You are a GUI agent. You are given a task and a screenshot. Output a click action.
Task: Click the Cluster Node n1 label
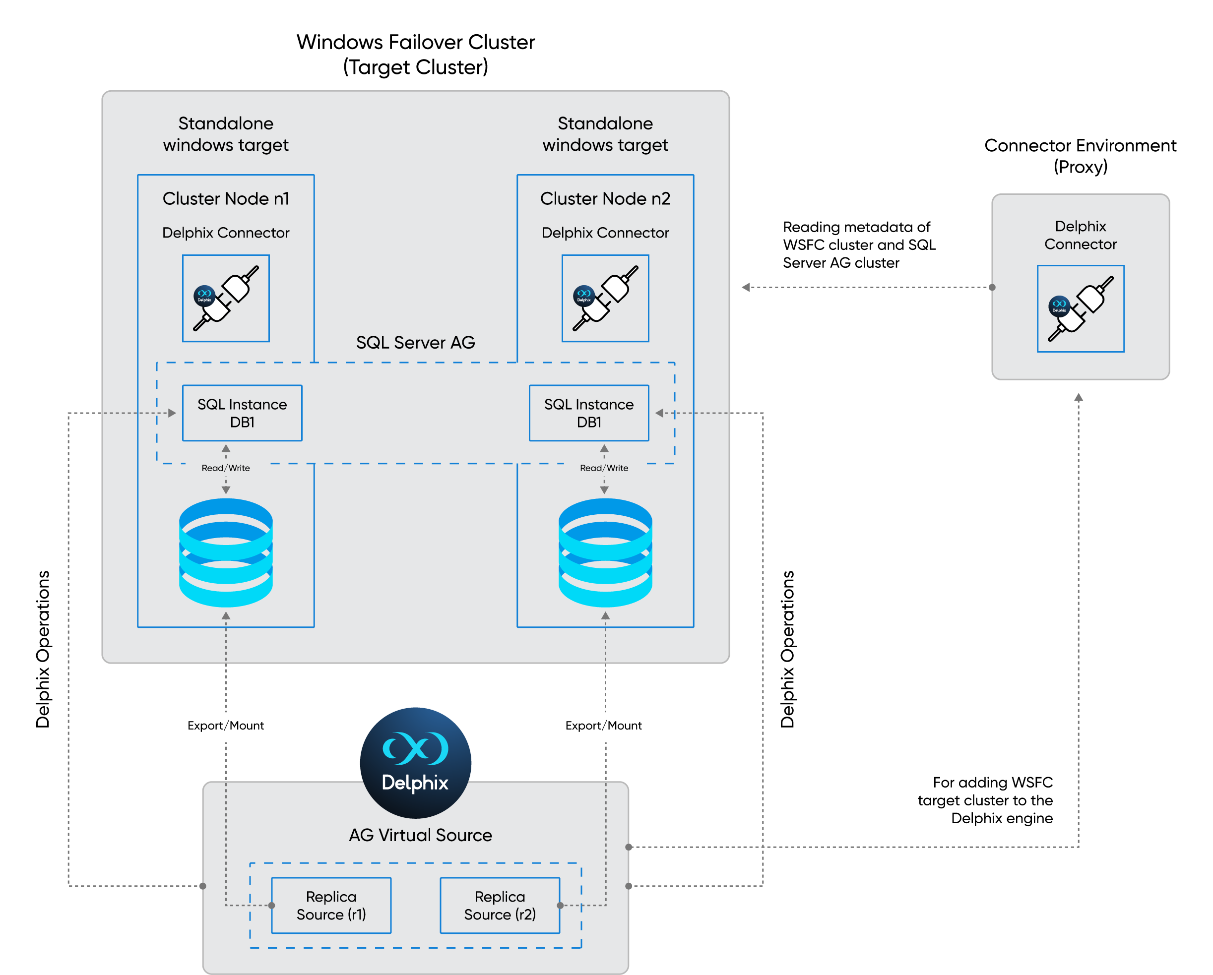pos(226,198)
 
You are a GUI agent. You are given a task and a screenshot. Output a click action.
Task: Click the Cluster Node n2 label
pos(605,198)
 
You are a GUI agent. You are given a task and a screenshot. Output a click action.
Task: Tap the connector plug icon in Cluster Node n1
pos(226,298)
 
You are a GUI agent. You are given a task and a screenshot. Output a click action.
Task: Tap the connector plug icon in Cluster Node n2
pos(605,298)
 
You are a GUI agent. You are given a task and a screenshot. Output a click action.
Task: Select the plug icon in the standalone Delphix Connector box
pos(1080,308)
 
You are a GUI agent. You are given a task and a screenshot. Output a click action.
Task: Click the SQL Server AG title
pos(415,342)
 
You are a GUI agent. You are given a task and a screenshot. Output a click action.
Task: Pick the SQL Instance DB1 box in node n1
pos(242,413)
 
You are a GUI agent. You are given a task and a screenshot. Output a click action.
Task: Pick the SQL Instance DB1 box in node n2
pos(588,413)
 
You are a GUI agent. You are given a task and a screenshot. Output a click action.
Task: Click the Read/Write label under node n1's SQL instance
pos(226,468)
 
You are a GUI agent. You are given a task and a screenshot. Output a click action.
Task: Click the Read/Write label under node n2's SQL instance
pos(604,468)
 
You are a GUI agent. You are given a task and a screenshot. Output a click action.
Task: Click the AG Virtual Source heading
pos(420,835)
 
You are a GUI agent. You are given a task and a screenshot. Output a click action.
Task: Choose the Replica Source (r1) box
pos(331,905)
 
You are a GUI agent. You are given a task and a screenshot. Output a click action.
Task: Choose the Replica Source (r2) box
pos(500,905)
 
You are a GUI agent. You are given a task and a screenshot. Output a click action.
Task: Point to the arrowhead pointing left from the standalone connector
pos(746,287)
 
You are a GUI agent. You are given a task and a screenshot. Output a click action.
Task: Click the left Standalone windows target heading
pos(226,134)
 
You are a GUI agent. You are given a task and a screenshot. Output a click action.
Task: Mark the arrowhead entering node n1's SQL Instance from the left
pos(172,413)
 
